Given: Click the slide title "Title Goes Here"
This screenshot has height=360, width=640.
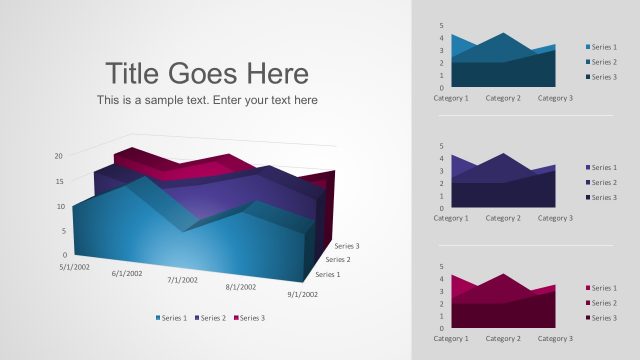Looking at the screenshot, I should pyautogui.click(x=207, y=73).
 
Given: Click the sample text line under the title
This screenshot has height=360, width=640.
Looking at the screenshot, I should pyautogui.click(x=207, y=100).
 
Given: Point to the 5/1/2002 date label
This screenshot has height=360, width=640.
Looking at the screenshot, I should pyautogui.click(x=75, y=266).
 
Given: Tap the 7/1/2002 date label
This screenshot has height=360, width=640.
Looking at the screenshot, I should pyautogui.click(x=183, y=280).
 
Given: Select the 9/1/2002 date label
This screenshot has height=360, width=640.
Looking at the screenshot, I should pyautogui.click(x=302, y=294).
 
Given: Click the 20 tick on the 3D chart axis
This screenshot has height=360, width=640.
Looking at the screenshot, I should pyautogui.click(x=59, y=156).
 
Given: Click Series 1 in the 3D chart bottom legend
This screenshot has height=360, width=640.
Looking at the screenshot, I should pyautogui.click(x=172, y=318).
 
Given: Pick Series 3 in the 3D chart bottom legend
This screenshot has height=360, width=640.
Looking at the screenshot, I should pyautogui.click(x=249, y=318).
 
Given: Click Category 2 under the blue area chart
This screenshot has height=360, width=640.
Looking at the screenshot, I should pyautogui.click(x=503, y=98).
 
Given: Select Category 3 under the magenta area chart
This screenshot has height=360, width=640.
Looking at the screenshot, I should pyautogui.click(x=555, y=338).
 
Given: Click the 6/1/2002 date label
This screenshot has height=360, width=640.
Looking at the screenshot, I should pyautogui.click(x=127, y=273).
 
